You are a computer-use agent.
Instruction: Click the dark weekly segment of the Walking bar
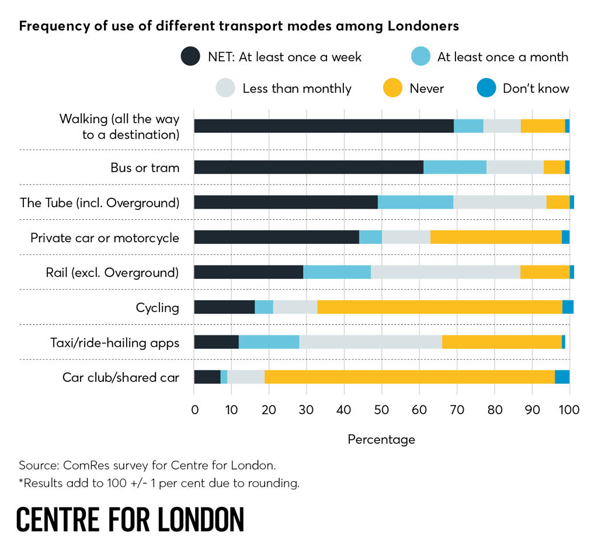[324, 126]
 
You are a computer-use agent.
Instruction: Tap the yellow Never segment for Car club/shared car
[409, 377]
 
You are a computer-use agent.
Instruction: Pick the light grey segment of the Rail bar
[445, 272]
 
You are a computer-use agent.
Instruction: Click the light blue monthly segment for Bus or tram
[455, 167]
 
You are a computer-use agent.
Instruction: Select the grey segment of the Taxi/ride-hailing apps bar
[370, 342]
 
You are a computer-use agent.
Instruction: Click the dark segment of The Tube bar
[286, 202]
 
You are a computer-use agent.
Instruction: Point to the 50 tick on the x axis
[382, 409]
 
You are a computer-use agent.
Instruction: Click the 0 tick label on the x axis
[194, 409]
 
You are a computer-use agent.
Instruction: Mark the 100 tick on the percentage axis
[569, 409]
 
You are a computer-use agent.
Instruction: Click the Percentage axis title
[381, 439]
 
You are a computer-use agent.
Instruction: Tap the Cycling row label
[157, 307]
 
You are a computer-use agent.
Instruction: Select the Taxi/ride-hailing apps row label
[114, 342]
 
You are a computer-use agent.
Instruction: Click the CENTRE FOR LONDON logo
[130, 519]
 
